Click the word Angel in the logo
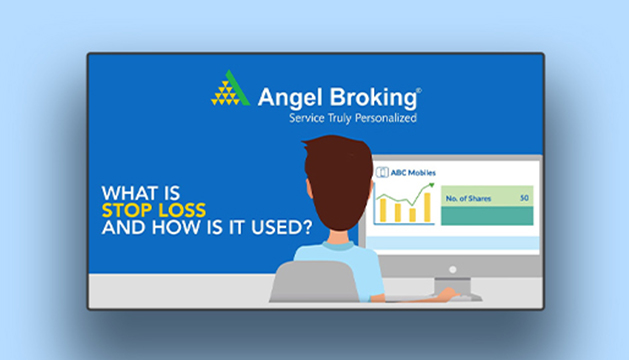pyautogui.click(x=290, y=98)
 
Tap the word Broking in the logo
pyautogui.click(x=373, y=98)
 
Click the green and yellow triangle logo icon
pyautogui.click(x=230, y=88)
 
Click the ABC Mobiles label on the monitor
pyautogui.click(x=413, y=173)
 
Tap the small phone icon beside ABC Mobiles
pyautogui.click(x=382, y=172)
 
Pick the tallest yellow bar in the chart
pyautogui.click(x=427, y=207)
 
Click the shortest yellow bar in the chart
pyautogui.click(x=412, y=215)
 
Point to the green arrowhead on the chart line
pyautogui.click(x=432, y=185)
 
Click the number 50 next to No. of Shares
pyautogui.click(x=524, y=198)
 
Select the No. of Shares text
pyautogui.click(x=468, y=198)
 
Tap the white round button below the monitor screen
pyautogui.click(x=453, y=270)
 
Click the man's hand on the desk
pyautogui.click(x=448, y=294)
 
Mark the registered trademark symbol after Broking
pyautogui.click(x=419, y=90)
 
